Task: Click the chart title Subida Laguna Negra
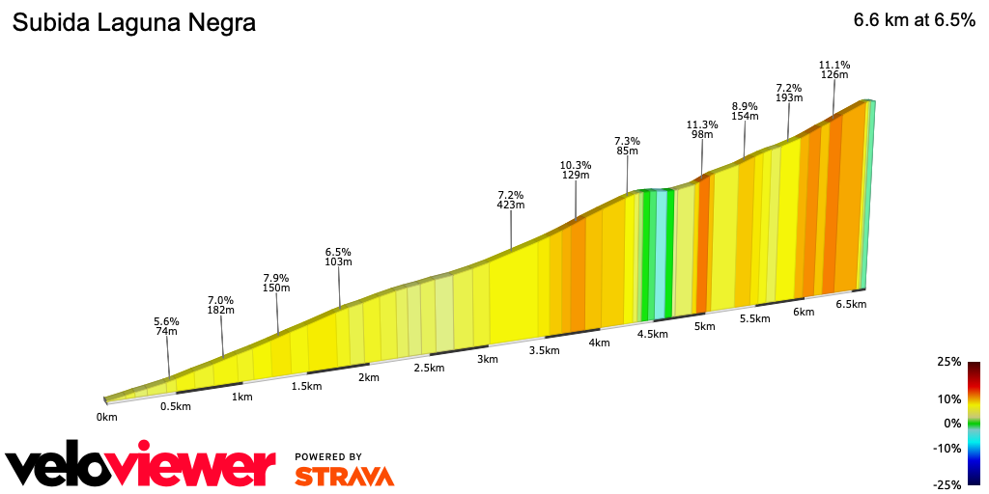133,23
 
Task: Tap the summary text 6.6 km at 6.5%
914,21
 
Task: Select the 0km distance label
106,417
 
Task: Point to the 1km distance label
241,397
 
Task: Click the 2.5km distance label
429,368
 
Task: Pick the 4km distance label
599,343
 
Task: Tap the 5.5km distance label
755,318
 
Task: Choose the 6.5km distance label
851,304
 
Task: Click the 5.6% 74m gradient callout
167,326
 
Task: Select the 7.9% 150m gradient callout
277,283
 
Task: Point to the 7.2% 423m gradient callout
511,199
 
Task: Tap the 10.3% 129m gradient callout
576,170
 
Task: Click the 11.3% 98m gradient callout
702,129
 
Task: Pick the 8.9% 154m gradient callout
745,111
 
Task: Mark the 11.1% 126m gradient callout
834,69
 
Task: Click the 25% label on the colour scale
948,362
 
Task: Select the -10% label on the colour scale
947,448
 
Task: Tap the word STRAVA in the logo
345,476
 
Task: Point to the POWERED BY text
328,456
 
